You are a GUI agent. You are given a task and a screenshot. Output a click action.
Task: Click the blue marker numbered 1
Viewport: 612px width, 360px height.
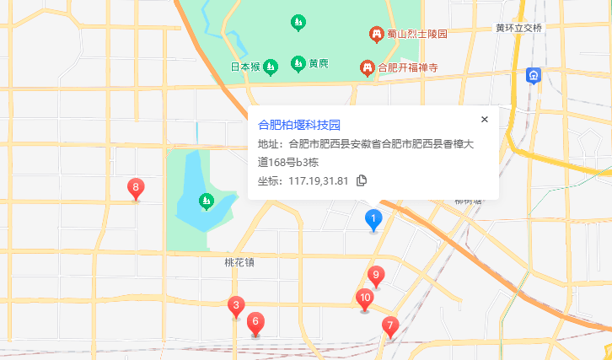click(373, 219)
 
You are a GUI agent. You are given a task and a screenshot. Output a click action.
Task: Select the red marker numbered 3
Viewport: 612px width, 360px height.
click(237, 306)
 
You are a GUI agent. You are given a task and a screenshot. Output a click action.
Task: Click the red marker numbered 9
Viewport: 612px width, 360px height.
click(377, 275)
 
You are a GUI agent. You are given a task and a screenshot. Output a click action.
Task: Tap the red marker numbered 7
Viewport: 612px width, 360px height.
click(389, 325)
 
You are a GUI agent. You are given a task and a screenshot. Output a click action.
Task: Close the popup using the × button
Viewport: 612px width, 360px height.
click(485, 120)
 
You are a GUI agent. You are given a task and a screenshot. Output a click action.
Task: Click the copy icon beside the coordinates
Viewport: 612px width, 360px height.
click(362, 180)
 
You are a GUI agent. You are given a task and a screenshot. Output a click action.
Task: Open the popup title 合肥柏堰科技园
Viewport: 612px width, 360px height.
click(298, 125)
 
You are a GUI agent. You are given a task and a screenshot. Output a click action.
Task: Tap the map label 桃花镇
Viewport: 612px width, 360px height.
click(239, 262)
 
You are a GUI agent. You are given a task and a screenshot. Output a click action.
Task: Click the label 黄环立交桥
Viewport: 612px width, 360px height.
click(518, 28)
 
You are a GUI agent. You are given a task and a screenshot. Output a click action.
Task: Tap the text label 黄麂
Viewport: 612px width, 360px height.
click(318, 64)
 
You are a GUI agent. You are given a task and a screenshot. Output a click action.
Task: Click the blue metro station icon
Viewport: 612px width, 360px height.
click(534, 76)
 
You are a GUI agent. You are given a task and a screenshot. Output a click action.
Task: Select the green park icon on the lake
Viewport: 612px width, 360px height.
click(205, 201)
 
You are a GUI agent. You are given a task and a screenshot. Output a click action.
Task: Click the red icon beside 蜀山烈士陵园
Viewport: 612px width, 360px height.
click(377, 34)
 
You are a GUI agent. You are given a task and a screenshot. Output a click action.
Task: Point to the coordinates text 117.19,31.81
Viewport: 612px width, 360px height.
click(318, 180)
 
